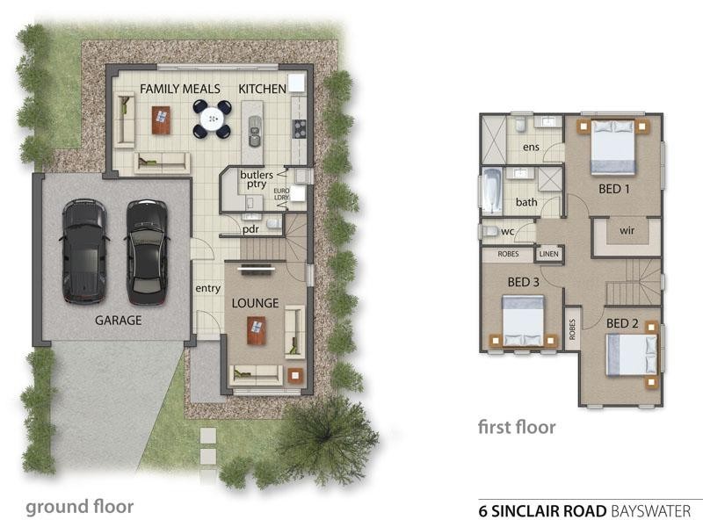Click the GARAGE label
[x=119, y=321]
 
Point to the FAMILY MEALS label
[x=181, y=89]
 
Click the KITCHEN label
[x=263, y=89]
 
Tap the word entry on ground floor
[x=208, y=289]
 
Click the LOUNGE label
[x=255, y=304]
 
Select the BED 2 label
[x=622, y=323]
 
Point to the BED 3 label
[x=524, y=282]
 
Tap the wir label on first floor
[x=627, y=230]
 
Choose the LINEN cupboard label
[x=548, y=255]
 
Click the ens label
[x=531, y=147]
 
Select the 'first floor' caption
[x=517, y=428]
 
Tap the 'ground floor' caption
[x=79, y=507]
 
